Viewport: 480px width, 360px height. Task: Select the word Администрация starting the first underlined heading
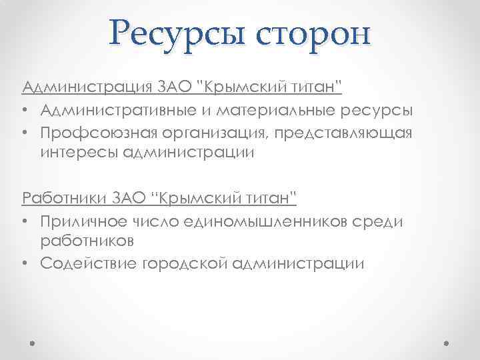pyautogui.click(x=87, y=87)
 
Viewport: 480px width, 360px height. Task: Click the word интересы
pyautogui.click(x=81, y=153)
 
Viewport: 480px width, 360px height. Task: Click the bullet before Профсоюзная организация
pyautogui.click(x=24, y=132)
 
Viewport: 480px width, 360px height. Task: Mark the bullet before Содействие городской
pyautogui.click(x=24, y=263)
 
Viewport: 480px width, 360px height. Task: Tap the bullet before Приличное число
pyautogui.click(x=24, y=220)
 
